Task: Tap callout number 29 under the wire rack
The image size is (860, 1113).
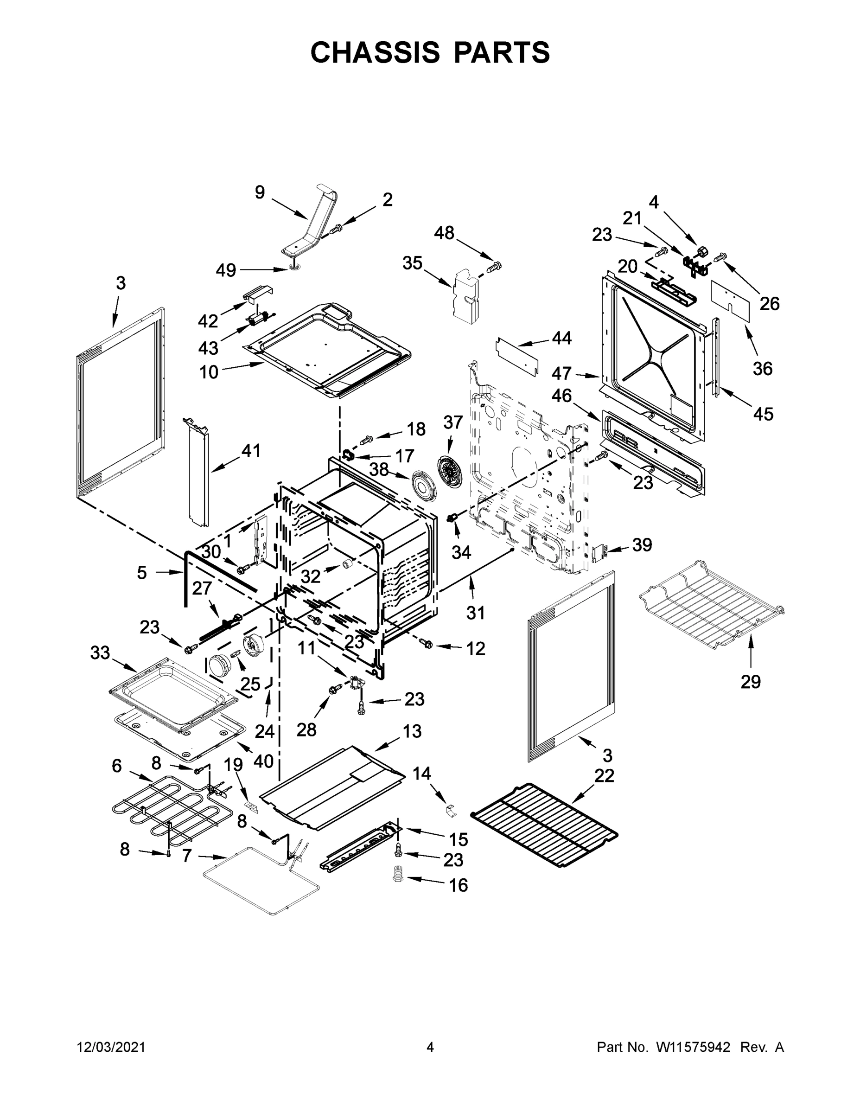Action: pos(751,681)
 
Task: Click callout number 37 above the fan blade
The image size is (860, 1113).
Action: pos(452,422)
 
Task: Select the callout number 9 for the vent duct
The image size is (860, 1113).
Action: pos(260,192)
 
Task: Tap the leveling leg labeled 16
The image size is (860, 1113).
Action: pos(398,875)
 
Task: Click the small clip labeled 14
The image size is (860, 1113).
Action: pos(449,808)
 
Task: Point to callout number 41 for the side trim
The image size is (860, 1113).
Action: pos(250,450)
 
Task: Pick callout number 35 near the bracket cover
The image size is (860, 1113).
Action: pos(412,263)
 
